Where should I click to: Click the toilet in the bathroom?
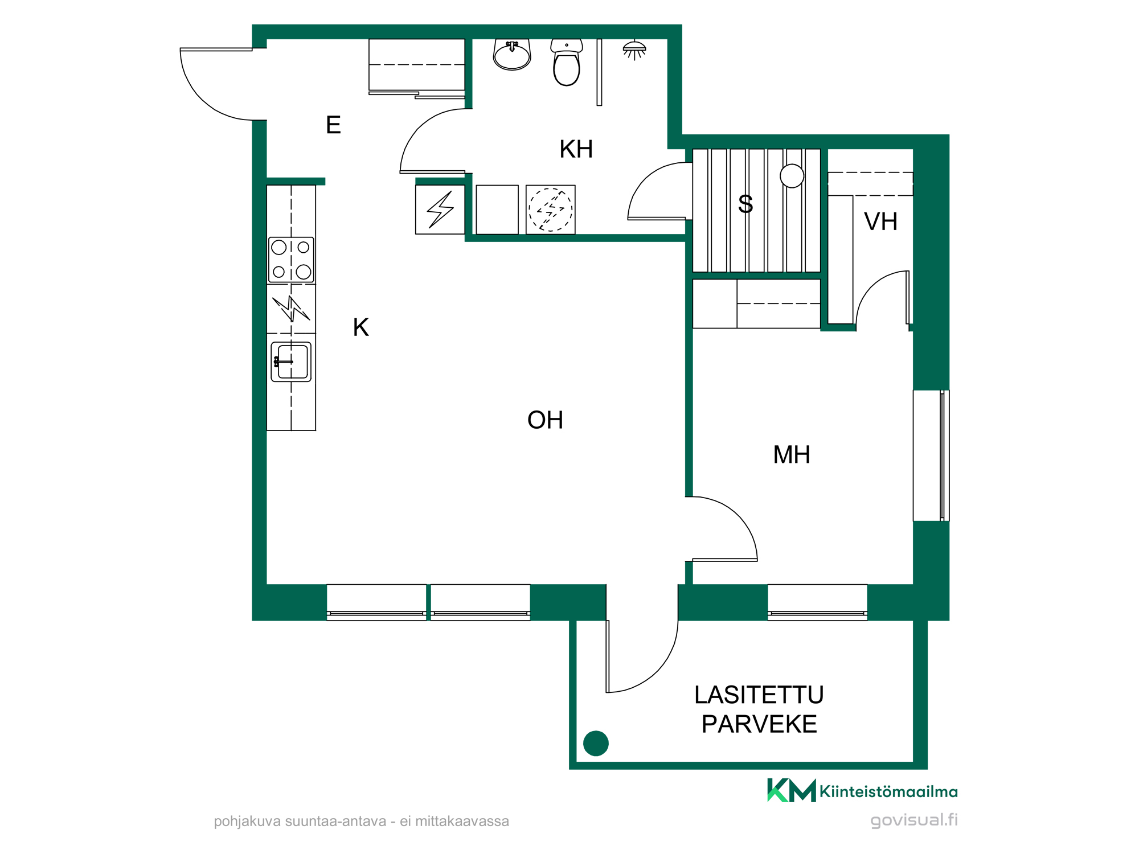pos(567,62)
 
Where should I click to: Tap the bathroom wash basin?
pos(512,55)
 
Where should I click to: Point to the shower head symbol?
pos(634,50)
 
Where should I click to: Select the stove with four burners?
pos(291,260)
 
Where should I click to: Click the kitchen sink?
pos(291,362)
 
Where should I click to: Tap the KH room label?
pos(576,149)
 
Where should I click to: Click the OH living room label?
pos(545,420)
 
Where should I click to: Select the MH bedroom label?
pos(792,455)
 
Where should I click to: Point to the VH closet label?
pos(880,221)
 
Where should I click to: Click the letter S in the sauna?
pos(745,204)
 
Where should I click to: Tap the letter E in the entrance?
pos(333,125)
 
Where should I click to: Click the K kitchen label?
pos(361,327)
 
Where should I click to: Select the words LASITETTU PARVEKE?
pos(759,709)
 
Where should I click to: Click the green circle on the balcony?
pos(596,743)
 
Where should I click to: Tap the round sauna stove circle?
pos(792,176)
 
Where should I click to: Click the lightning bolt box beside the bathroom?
pos(440,210)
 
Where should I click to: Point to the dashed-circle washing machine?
pos(551,210)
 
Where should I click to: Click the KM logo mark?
pos(792,790)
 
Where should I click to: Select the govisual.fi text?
pos(914,820)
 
